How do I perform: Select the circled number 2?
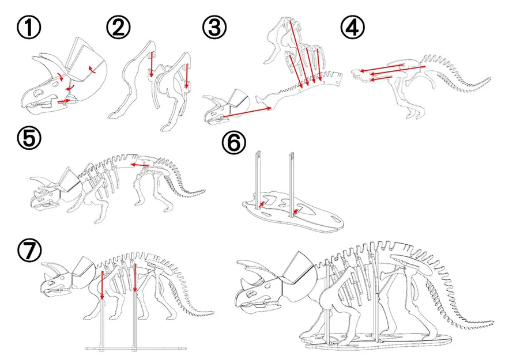[x=119, y=27]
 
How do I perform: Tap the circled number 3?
[x=214, y=27]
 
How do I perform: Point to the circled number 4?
[x=351, y=27]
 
